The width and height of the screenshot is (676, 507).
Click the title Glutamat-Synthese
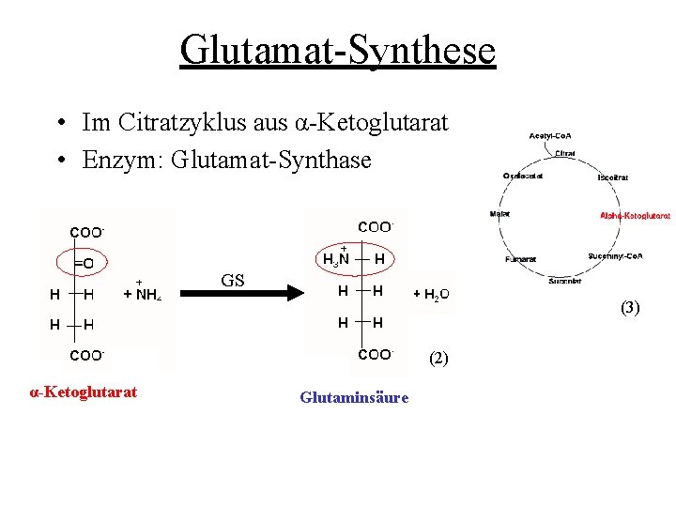tap(337, 50)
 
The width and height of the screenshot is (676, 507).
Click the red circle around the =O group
tap(82, 264)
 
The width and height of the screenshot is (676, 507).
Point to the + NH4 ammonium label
tap(141, 294)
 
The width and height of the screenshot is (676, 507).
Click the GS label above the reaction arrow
tap(232, 280)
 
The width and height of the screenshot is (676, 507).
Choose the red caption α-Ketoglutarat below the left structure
tap(84, 392)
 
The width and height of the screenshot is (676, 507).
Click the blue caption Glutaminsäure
tap(354, 397)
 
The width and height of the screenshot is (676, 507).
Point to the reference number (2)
tap(438, 358)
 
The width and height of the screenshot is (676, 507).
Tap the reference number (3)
tap(630, 307)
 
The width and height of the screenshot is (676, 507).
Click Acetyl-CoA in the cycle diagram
tap(550, 136)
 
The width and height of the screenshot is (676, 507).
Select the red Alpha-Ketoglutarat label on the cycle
tap(635, 215)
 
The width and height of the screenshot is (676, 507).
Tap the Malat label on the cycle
tap(499, 214)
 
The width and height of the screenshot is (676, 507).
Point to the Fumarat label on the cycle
tap(519, 258)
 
